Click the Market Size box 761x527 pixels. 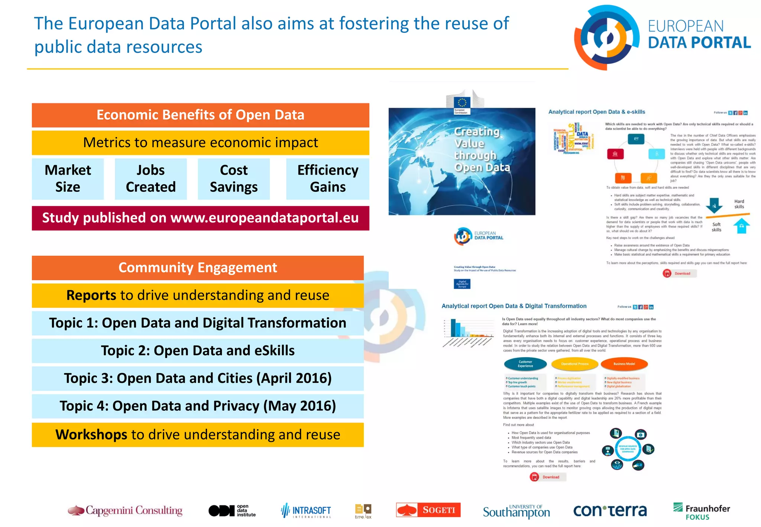click(68, 179)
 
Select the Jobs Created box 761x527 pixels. click(150, 179)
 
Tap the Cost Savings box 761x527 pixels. click(233, 179)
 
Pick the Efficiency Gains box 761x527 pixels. click(327, 179)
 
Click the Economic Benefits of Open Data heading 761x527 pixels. click(200, 115)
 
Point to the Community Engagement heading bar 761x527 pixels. click(198, 268)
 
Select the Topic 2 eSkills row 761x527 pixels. click(198, 350)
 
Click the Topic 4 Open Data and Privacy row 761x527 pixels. click(198, 406)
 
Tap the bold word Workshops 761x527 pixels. click(91, 434)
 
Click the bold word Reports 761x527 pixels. click(91, 295)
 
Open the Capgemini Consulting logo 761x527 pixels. click(125, 511)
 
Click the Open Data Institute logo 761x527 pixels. click(232, 511)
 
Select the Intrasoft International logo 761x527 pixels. click(306, 511)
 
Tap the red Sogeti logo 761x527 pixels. click(428, 510)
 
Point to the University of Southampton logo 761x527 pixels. click(516, 511)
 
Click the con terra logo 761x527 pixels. click(610, 511)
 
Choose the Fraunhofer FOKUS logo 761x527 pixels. click(701, 511)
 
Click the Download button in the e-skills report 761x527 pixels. click(680, 274)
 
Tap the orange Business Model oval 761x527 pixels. click(624, 364)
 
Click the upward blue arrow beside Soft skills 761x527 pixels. click(741, 226)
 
